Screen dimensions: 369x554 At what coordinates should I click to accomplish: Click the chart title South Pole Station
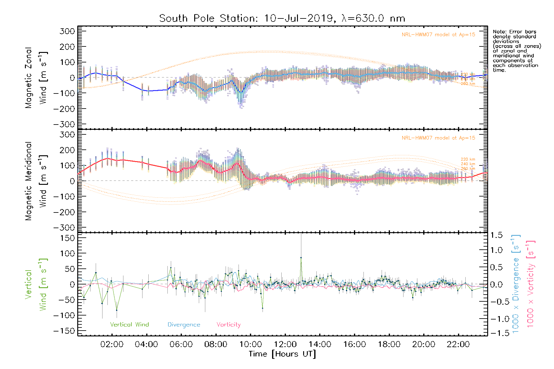[282, 18]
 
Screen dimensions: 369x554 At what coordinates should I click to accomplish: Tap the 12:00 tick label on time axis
[285, 344]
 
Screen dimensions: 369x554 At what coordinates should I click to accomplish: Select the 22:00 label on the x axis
[458, 344]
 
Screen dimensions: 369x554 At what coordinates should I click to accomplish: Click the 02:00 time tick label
[112, 344]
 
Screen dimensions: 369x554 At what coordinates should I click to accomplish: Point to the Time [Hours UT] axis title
[282, 354]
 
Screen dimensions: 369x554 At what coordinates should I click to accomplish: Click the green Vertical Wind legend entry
[129, 324]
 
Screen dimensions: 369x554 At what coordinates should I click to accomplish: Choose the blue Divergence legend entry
[184, 324]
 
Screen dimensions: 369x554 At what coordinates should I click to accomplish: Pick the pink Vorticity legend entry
[228, 324]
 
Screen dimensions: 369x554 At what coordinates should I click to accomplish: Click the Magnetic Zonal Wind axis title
[36, 77]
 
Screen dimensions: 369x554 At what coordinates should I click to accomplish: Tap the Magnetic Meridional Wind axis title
[36, 181]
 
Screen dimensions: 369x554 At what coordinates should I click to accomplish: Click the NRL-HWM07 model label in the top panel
[438, 34]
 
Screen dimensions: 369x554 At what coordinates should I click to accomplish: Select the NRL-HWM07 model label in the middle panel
[438, 138]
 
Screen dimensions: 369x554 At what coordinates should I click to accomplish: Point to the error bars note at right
[516, 51]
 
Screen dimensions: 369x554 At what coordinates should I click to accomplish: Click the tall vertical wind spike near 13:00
[301, 258]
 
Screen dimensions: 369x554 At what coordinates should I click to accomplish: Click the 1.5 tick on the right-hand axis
[496, 235]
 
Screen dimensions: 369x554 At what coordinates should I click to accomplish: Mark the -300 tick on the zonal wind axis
[64, 124]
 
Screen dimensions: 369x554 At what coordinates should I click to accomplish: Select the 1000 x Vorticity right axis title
[531, 284]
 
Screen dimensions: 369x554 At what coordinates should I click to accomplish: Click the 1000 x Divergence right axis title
[516, 284]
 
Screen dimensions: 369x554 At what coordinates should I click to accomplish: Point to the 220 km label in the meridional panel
[468, 159]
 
